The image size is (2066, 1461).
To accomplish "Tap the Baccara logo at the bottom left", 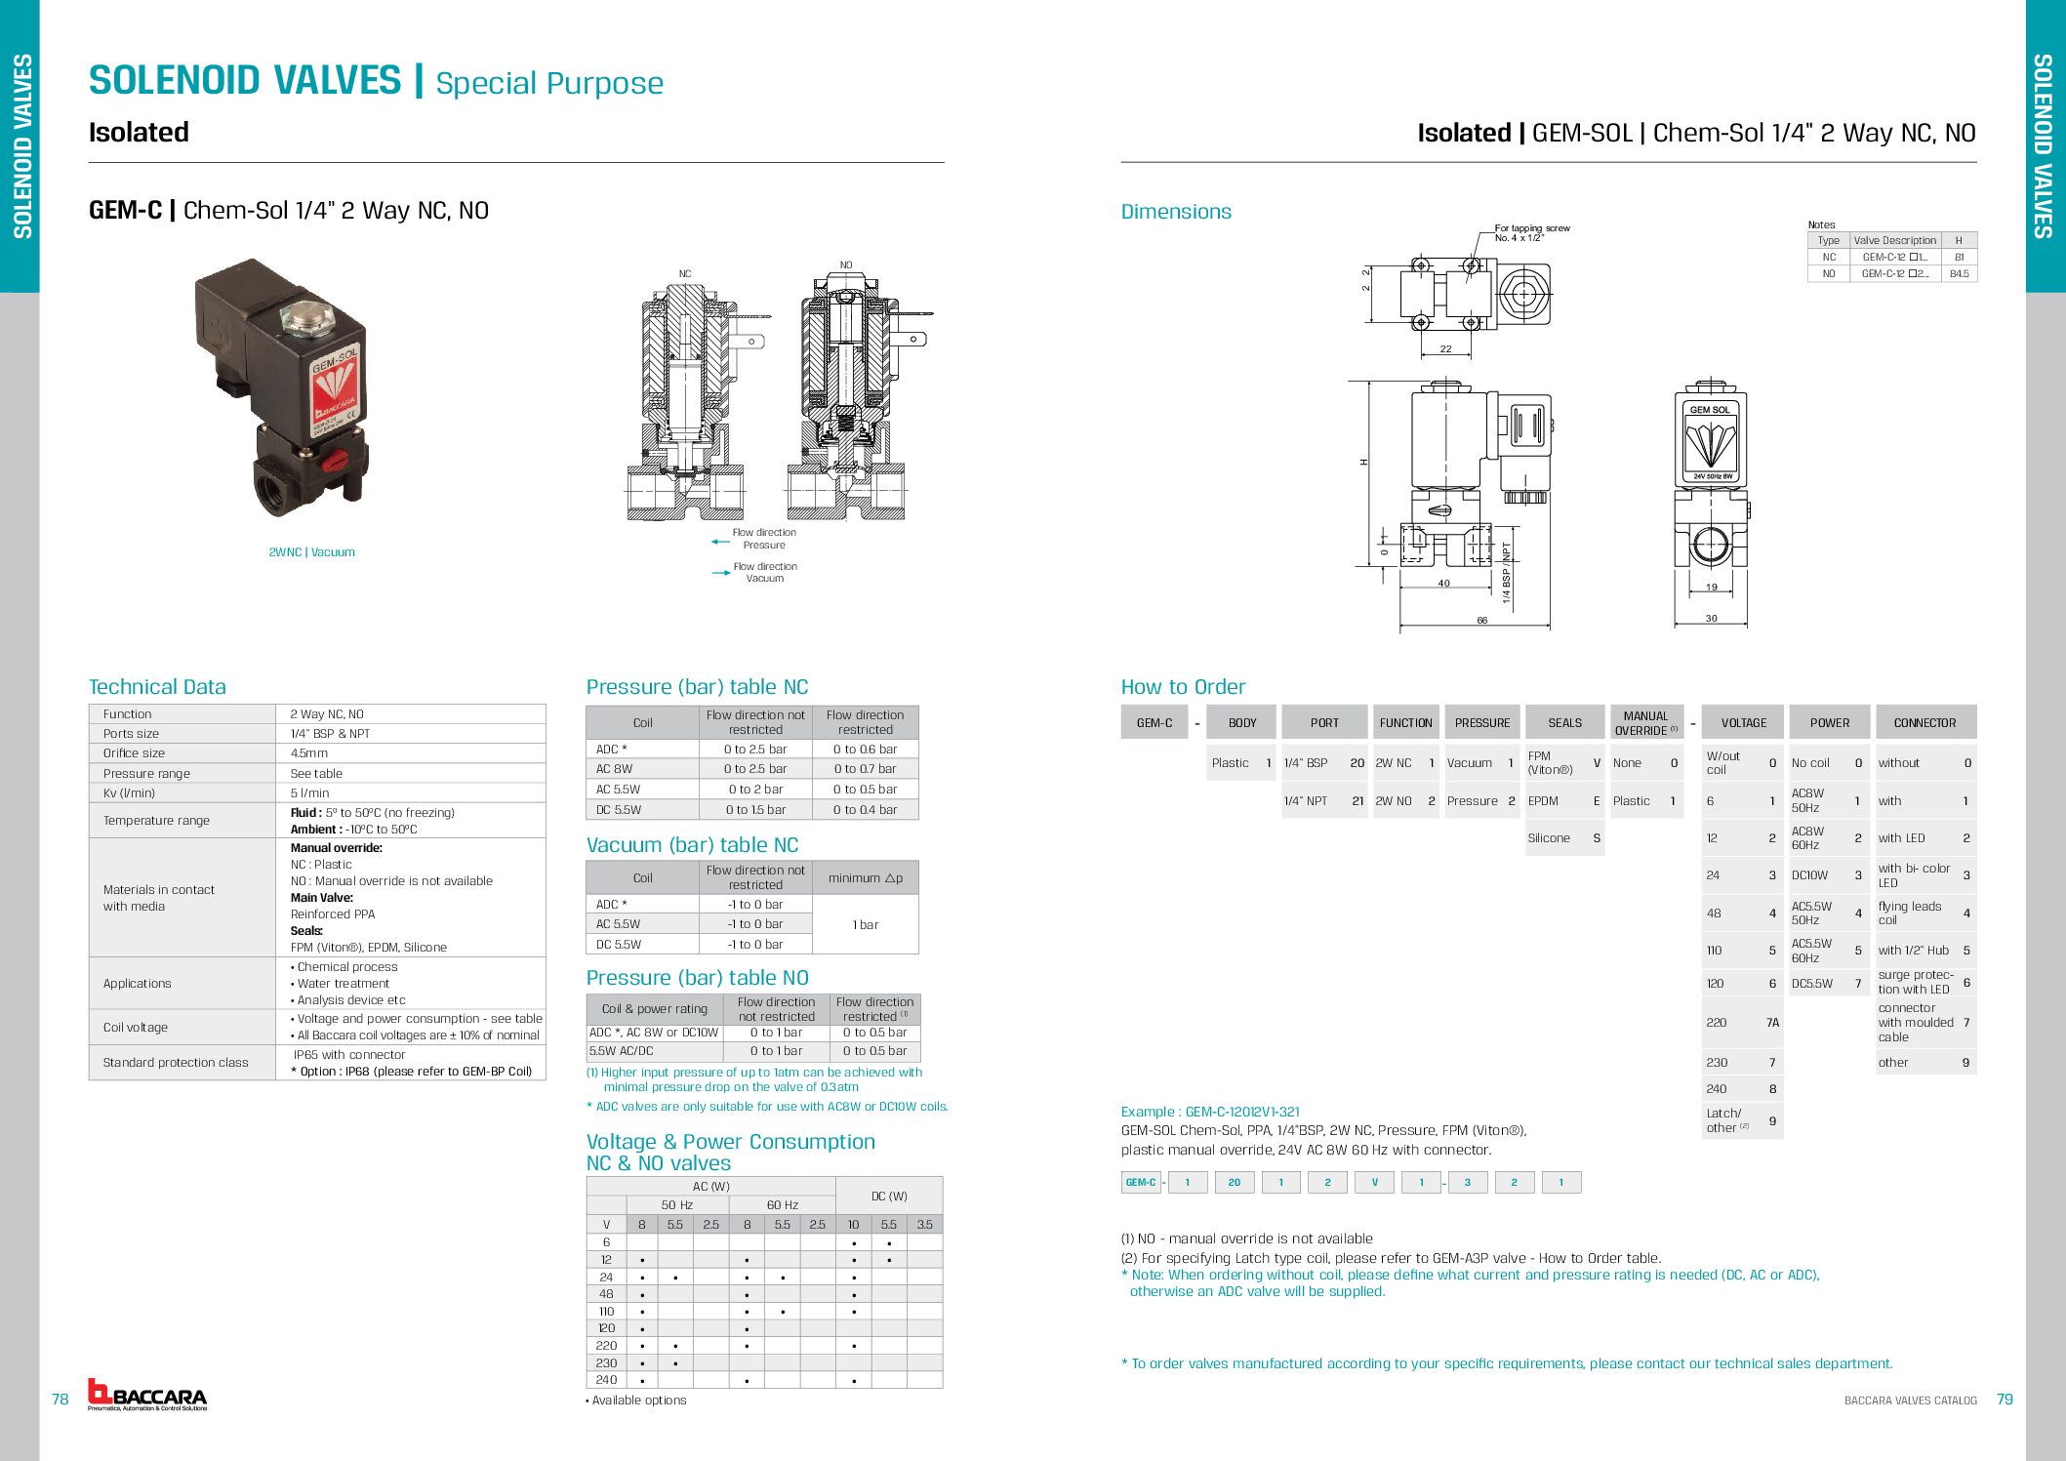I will pos(147,1395).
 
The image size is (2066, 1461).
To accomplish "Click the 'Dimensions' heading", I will pos(1176,212).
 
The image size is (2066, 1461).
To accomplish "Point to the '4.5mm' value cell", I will pos(309,753).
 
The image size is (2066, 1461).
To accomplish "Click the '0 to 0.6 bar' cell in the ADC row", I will pos(865,750).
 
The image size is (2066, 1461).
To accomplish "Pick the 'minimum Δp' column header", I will pos(866,878).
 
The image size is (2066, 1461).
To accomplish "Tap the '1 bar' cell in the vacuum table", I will pos(866,924).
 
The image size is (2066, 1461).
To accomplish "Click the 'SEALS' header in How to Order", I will pos(1564,723).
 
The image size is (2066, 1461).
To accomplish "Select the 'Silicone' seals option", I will pos(1549,838).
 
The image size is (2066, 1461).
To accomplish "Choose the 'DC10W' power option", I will pos(1810,875).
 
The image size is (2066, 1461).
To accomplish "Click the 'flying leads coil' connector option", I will pos(1910,913).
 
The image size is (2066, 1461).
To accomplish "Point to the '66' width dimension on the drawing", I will pos(1481,621).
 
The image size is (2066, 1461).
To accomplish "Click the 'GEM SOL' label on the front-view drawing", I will pos(1710,410).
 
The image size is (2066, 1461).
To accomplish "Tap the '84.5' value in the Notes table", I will pos(1958,274).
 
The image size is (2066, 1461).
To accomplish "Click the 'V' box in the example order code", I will pos(1375,1183).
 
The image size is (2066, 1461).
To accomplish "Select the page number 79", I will pos(2005,1400).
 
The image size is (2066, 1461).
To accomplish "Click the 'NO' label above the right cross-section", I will pos(846,265).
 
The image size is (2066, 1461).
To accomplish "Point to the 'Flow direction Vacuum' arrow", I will pos(721,573).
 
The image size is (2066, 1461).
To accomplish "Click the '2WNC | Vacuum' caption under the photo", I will pos(311,552).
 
